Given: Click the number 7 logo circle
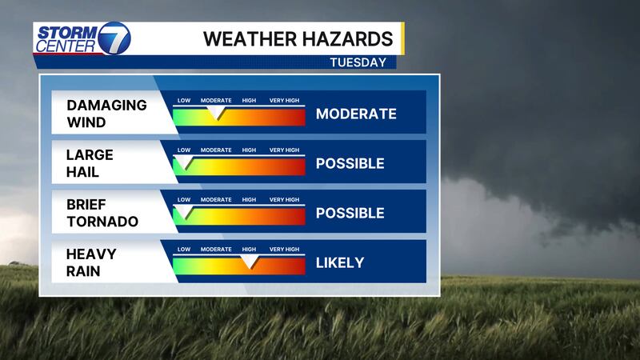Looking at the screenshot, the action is coord(114,38).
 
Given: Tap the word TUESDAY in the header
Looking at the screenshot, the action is coord(358,62).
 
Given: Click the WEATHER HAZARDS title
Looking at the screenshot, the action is coord(298,39).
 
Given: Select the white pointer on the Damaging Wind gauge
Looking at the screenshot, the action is coord(216,113).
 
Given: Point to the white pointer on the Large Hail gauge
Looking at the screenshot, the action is coord(184,162).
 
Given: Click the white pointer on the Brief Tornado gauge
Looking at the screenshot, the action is coord(184,212).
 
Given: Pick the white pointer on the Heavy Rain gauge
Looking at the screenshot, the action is coord(249,262).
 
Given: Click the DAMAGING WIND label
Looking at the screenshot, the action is coord(106,114).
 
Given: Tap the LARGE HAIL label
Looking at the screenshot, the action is coord(90,163).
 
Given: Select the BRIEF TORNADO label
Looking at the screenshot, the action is coord(102,213).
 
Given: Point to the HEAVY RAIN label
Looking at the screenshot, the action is coord(91,262).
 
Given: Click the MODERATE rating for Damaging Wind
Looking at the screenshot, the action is coord(356,114).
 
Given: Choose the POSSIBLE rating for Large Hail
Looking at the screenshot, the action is coord(350,164).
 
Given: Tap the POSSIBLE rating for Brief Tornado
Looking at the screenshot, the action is coord(350,213).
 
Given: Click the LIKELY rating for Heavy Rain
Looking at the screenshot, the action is coord(339,263).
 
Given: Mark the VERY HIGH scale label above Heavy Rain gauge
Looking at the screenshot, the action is coord(284,249).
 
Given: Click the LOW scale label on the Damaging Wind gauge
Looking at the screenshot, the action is coord(184,101).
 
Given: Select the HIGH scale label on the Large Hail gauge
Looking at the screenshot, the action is coord(249,150).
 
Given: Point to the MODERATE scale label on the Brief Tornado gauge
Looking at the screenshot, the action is coord(216,199).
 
